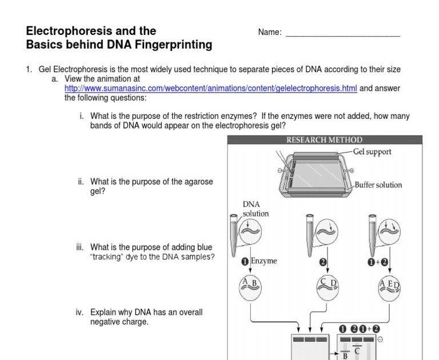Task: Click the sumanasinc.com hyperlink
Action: point(210,89)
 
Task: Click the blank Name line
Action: point(342,33)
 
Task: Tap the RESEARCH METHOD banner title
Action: point(324,140)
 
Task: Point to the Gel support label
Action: point(372,152)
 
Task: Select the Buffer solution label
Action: point(378,185)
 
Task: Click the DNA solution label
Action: point(255,209)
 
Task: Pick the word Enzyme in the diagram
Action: point(264,261)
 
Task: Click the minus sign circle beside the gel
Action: point(381,339)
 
